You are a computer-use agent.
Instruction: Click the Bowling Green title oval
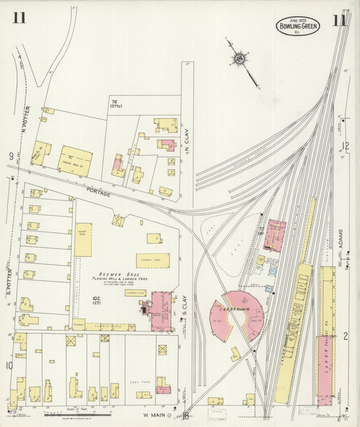(x=297, y=26)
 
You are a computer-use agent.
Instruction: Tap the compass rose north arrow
(x=240, y=59)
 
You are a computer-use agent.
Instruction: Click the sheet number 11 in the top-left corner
(x=19, y=17)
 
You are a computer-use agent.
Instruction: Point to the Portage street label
(x=98, y=191)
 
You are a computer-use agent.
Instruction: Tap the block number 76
(x=114, y=101)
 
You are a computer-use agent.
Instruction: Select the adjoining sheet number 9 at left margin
(x=11, y=157)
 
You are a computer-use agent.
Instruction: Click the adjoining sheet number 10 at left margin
(x=9, y=366)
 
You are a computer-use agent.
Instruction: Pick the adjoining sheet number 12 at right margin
(x=346, y=145)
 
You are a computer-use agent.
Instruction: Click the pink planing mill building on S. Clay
(x=161, y=311)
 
